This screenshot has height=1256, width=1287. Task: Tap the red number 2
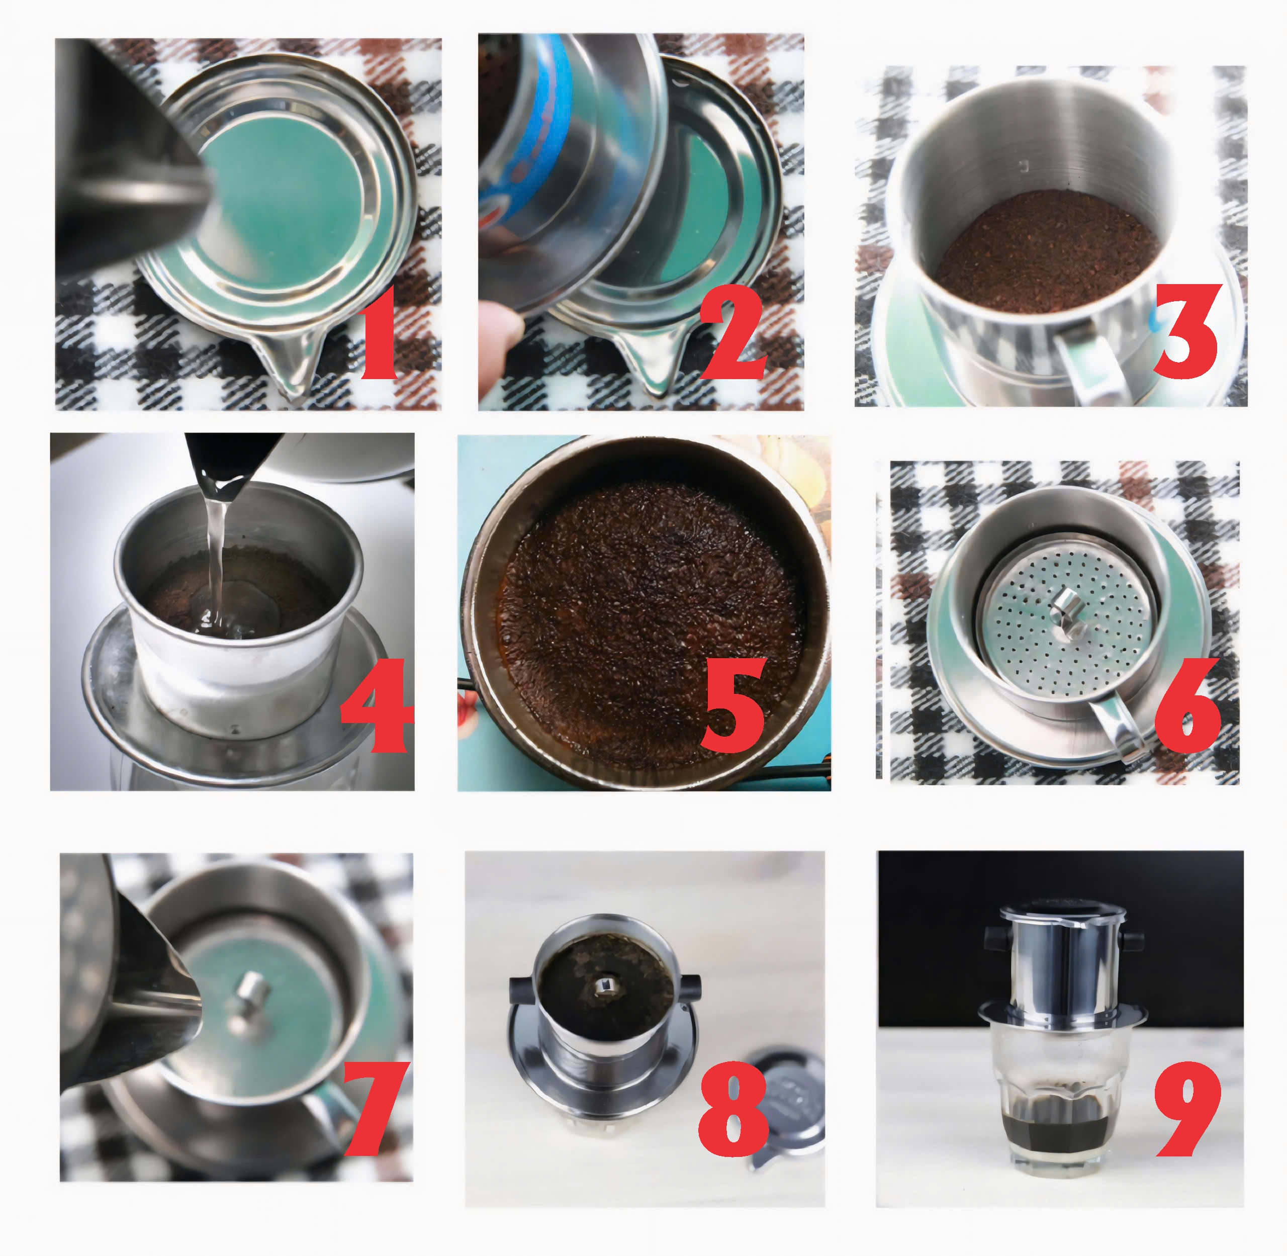pyautogui.click(x=732, y=333)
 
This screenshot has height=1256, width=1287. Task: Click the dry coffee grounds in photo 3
pyautogui.click(x=1046, y=251)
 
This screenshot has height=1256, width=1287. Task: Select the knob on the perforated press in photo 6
pyautogui.click(x=1063, y=603)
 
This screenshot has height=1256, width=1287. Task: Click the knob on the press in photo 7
pyautogui.click(x=251, y=993)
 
